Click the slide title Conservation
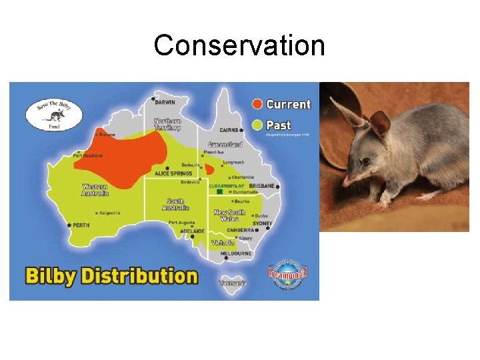[239, 46]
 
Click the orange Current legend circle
[258, 104]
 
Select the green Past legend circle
[258, 124]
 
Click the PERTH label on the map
[81, 225]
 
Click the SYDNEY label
[263, 223]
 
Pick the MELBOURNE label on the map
[236, 253]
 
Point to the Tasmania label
[233, 283]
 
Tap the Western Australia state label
[95, 190]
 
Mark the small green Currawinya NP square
[219, 192]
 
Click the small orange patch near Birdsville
[209, 169]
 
